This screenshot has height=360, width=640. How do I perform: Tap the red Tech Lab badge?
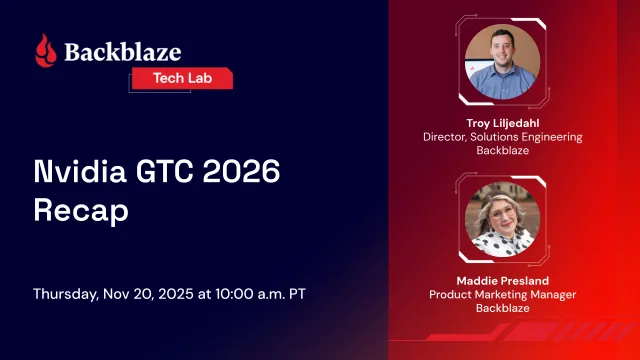(182, 78)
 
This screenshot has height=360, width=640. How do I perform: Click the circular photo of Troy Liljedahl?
(505, 62)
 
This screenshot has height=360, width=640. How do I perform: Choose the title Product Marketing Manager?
(505, 294)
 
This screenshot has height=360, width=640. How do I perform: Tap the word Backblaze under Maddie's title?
(505, 309)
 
